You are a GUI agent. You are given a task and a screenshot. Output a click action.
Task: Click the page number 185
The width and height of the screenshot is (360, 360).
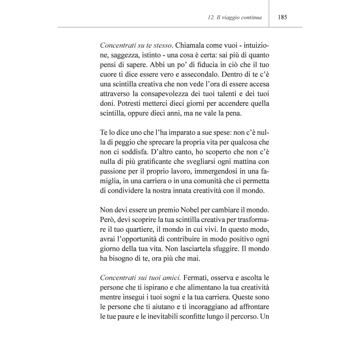click(x=283, y=18)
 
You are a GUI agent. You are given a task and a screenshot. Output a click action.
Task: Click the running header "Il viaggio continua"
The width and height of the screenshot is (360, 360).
click(x=238, y=18)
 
